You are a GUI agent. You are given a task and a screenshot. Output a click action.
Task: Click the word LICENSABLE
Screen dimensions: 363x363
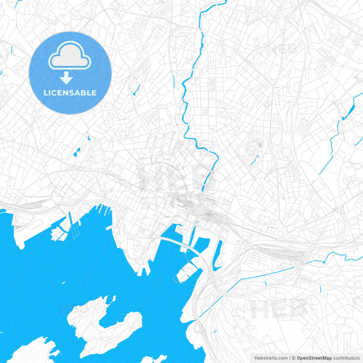[70, 93]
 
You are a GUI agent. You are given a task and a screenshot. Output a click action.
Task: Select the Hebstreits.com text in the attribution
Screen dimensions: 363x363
[270, 358]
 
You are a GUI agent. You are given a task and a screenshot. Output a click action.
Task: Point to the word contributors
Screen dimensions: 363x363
[345, 358]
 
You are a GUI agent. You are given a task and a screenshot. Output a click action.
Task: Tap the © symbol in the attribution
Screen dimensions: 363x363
[294, 358]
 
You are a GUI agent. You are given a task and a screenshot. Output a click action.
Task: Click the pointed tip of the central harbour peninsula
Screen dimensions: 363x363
[144, 272]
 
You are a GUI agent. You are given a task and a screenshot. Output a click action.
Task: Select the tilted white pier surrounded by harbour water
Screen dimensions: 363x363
[185, 272]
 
